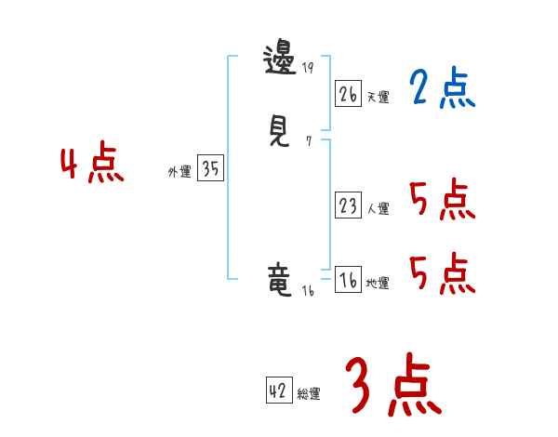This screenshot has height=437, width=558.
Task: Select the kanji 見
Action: click(x=280, y=131)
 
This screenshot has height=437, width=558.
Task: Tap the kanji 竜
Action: click(x=280, y=279)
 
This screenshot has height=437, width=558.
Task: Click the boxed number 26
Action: click(x=348, y=93)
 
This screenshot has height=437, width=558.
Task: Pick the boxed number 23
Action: click(x=348, y=206)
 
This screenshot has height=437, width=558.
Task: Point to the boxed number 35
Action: click(x=210, y=169)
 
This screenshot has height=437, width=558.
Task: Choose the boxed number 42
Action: click(x=278, y=391)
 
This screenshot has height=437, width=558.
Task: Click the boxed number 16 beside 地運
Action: click(x=348, y=281)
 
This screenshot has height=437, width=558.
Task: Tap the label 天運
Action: click(x=378, y=97)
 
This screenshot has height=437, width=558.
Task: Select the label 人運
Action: click(x=378, y=209)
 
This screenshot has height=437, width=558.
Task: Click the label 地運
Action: click(x=378, y=284)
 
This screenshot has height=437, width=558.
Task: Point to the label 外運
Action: click(x=179, y=172)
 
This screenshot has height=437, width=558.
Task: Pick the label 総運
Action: click(x=309, y=394)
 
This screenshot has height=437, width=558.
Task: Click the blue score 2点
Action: click(x=442, y=88)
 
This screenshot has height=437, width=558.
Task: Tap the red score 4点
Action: click(x=92, y=166)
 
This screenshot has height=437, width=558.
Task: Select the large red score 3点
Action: click(x=393, y=386)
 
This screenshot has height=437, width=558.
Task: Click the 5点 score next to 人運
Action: click(x=442, y=200)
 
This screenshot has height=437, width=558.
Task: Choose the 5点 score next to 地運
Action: click(x=442, y=273)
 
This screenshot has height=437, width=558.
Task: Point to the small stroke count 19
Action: click(x=307, y=69)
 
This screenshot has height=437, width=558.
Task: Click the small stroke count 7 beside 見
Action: click(x=308, y=142)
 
